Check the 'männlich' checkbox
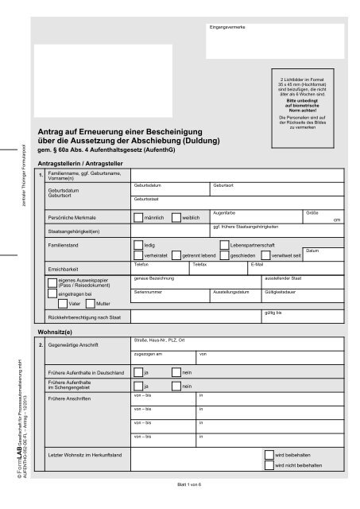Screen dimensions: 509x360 click(x=139, y=217)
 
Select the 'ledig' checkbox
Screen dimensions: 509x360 click(x=139, y=247)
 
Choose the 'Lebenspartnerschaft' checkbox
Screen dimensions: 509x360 click(x=223, y=247)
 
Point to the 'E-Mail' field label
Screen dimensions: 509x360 click(x=257, y=263)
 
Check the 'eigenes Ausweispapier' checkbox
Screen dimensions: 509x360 click(x=52, y=282)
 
